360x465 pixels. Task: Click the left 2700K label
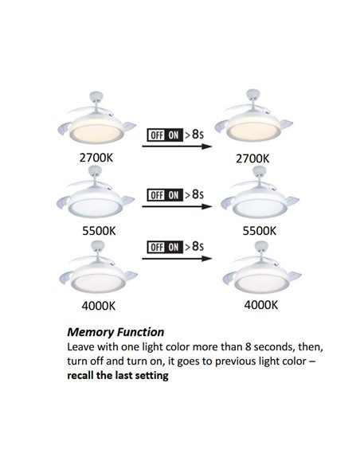point(96,158)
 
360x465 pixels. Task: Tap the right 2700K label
point(252,158)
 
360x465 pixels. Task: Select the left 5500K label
point(99,231)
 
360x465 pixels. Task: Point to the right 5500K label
point(260,231)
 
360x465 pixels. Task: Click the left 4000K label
point(99,306)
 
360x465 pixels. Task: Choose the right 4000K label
point(261,305)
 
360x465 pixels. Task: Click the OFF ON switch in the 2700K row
point(165,135)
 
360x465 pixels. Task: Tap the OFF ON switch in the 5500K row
point(165,195)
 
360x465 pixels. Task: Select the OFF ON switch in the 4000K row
point(165,248)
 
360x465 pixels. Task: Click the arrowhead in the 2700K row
point(207,147)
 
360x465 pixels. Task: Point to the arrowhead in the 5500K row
point(207,206)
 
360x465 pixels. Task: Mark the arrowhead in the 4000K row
point(207,258)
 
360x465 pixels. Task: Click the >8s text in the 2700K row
point(194,135)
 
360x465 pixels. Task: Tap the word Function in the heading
point(140,332)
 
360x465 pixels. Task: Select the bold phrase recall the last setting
point(118,376)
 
